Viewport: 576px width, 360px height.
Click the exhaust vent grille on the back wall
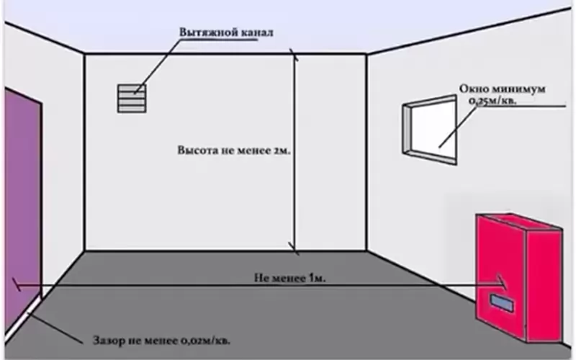[x=132, y=99]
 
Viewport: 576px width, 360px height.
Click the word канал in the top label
[x=257, y=32]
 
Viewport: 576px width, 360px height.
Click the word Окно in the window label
[x=474, y=89]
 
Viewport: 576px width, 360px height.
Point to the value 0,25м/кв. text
[x=492, y=101]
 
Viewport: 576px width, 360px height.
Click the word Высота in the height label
[x=197, y=150]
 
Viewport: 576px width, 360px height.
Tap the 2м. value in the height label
[x=282, y=150]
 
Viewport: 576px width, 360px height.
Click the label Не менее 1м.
[x=290, y=278]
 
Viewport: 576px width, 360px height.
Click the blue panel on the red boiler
[x=501, y=302]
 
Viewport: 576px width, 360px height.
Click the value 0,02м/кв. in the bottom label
[x=205, y=341]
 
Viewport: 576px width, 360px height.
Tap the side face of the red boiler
[x=544, y=287]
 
